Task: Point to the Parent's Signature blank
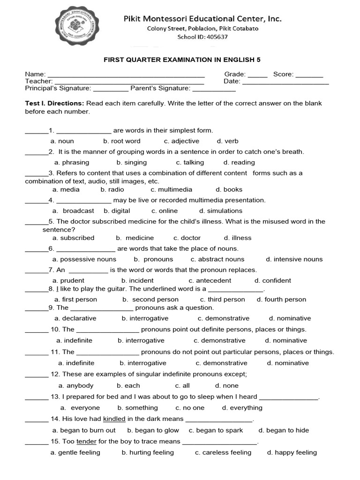pyautogui.click(x=214, y=89)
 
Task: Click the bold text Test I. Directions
pyautogui.click(x=54, y=103)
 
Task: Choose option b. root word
pyautogui.click(x=122, y=141)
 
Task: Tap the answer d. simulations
pyautogui.click(x=221, y=211)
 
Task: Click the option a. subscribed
pyautogui.click(x=74, y=238)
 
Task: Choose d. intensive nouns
pyautogui.click(x=294, y=259)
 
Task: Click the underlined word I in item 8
pyautogui.click(x=57, y=289)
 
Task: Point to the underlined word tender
pyautogui.click(x=86, y=442)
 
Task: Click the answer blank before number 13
pyautogui.click(x=36, y=397)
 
